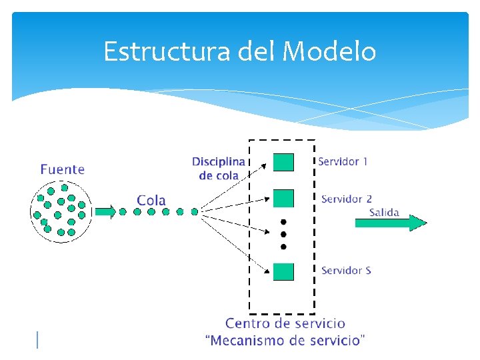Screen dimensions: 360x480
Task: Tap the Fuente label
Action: click(x=63, y=169)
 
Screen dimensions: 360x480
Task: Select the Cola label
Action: click(x=151, y=200)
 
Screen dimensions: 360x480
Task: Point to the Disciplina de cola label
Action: click(x=219, y=169)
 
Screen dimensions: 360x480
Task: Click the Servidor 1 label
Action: click(x=343, y=161)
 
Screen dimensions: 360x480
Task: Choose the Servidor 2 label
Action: click(x=347, y=199)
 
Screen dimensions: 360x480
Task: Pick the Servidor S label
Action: click(x=346, y=270)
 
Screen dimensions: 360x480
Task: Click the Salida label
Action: click(x=384, y=213)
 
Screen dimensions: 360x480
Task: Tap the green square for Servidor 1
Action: click(x=283, y=163)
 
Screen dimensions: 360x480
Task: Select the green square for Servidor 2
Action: click(x=283, y=198)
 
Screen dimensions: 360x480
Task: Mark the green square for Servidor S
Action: click(x=283, y=271)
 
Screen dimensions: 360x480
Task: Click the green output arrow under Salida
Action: click(x=390, y=223)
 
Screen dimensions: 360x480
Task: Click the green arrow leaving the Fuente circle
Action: click(x=105, y=212)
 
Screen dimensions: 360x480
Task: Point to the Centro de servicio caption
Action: click(x=285, y=324)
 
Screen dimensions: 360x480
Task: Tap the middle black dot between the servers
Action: click(x=283, y=234)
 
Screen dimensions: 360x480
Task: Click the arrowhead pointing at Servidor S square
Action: click(x=269, y=269)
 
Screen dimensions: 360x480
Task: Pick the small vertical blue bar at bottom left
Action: click(x=37, y=340)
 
